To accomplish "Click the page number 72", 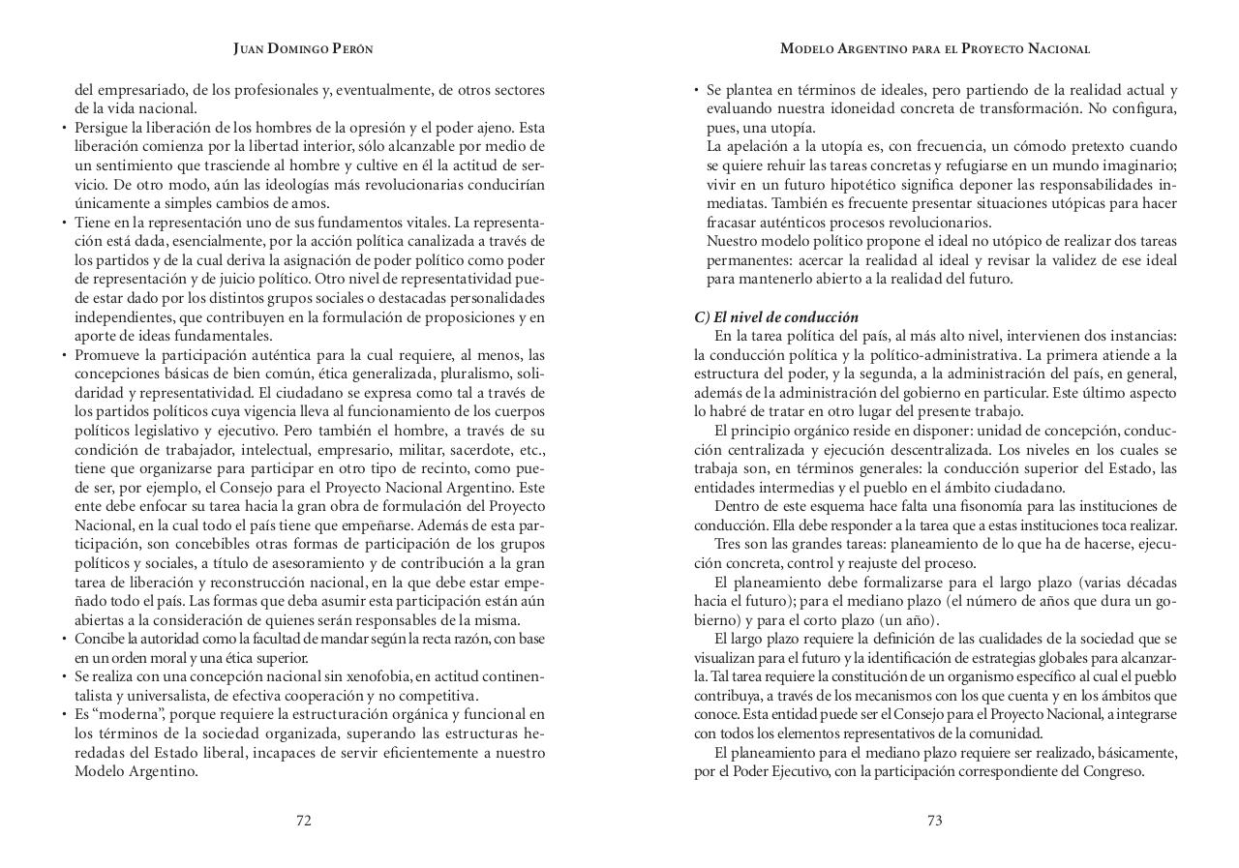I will (x=304, y=821).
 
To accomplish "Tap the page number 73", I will (x=934, y=821).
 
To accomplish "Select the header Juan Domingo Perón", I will (x=303, y=48).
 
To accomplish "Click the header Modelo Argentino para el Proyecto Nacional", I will (x=935, y=48).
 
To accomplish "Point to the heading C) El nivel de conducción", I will (x=776, y=317).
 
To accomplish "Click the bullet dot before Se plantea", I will (x=697, y=91).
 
